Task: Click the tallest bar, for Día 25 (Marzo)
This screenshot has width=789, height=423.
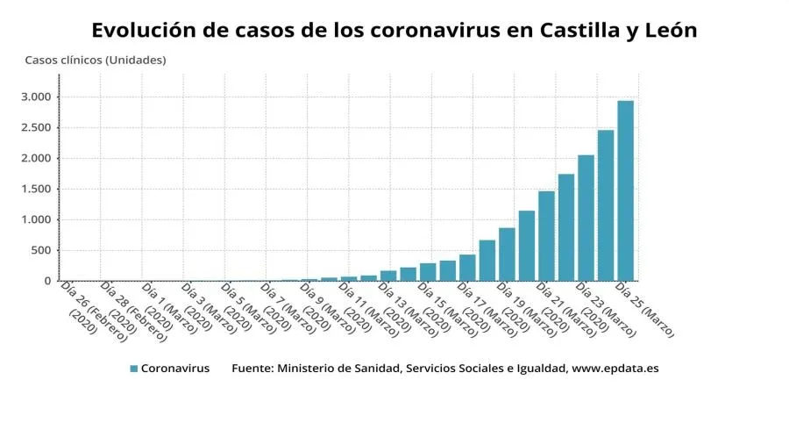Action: pos(625,190)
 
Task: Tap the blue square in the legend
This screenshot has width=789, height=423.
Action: pos(133,369)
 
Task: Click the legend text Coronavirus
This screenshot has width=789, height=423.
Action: pos(175,369)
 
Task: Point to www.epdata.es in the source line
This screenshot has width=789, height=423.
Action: pos(615,369)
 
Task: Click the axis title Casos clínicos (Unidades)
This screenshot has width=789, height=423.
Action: pos(95,60)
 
